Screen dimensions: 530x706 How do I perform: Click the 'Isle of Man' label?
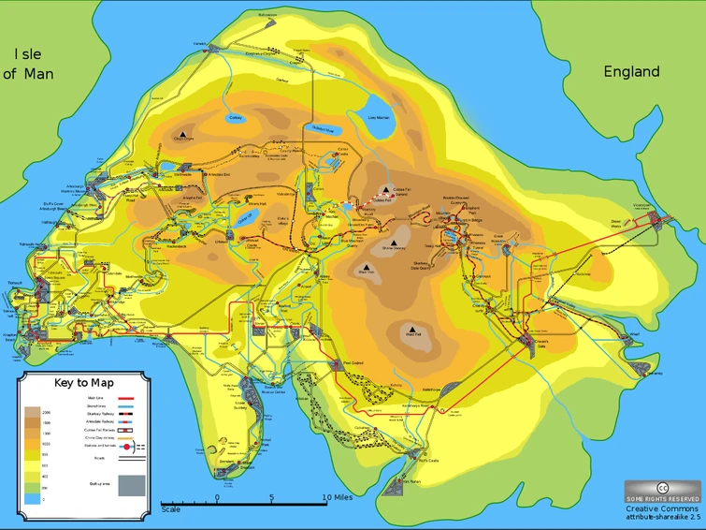(28, 64)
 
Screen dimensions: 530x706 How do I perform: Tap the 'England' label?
(631, 71)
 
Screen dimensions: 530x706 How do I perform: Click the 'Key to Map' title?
(84, 382)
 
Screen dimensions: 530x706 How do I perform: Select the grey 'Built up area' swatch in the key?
(131, 485)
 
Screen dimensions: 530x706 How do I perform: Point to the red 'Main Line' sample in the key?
(131, 398)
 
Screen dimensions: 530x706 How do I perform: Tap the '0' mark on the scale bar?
(218, 497)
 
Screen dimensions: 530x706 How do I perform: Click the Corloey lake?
(236, 119)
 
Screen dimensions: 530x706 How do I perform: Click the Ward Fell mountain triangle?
(411, 330)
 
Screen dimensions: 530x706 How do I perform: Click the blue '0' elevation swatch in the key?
(33, 499)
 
